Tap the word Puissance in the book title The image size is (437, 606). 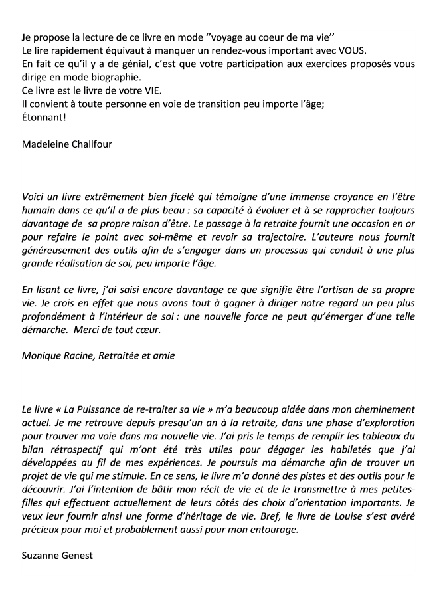[x=108, y=410]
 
